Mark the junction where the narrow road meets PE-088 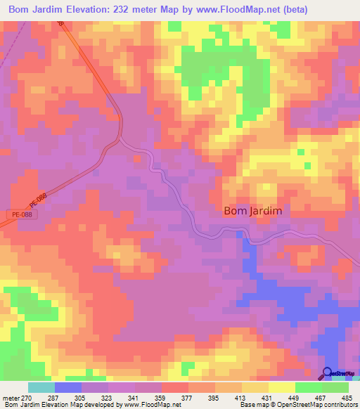pos(119,138)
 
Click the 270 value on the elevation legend pos(27,397)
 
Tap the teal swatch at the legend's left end pos(41,387)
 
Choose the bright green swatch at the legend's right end pos(335,387)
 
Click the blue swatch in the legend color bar pos(68,387)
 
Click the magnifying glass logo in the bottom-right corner pos(328,375)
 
